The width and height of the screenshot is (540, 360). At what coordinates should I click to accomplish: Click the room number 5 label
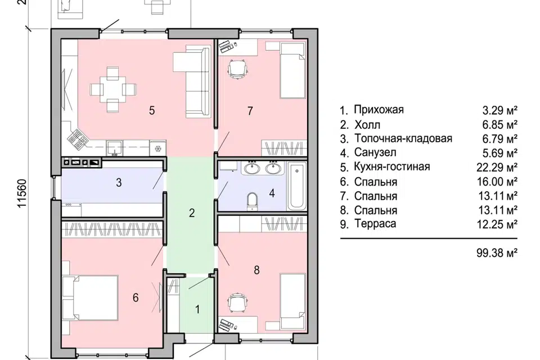pyautogui.click(x=152, y=110)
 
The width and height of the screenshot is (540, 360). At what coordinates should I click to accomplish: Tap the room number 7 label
pyautogui.click(x=250, y=110)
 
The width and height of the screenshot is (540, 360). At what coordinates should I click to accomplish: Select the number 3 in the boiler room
pyautogui.click(x=119, y=182)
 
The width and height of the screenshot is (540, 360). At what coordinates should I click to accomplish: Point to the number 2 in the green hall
pyautogui.click(x=192, y=213)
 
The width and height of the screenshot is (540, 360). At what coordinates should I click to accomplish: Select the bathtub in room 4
pyautogui.click(x=296, y=184)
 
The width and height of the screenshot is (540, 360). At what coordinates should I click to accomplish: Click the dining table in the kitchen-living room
pyautogui.click(x=113, y=89)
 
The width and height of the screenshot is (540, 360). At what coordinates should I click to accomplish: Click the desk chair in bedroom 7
pyautogui.click(x=237, y=70)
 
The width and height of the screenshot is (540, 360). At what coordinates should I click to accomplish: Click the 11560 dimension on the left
pyautogui.click(x=22, y=195)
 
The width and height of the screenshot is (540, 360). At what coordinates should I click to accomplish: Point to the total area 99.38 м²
pyautogui.click(x=496, y=253)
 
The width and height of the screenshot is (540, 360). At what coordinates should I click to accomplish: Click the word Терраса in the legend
pyautogui.click(x=376, y=224)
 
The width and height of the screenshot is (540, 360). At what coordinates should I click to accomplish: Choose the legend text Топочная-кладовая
pyautogui.click(x=403, y=138)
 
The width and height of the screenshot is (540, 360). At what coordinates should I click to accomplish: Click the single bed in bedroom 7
pyautogui.click(x=292, y=71)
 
